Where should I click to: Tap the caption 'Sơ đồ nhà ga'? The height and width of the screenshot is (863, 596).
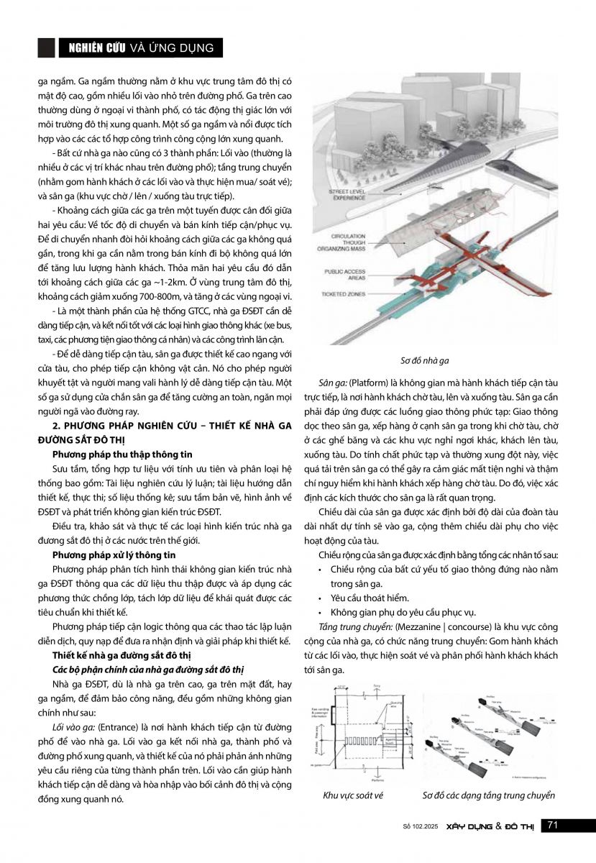[430, 360]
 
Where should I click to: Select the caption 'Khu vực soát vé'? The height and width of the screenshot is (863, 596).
[353, 795]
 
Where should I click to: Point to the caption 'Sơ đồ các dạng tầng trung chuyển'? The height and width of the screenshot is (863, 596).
[488, 795]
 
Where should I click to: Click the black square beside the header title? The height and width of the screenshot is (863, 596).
[46, 47]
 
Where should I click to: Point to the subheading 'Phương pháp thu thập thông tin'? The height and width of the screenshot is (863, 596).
[122, 455]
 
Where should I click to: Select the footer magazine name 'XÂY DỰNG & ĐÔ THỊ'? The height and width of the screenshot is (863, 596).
[491, 826]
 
